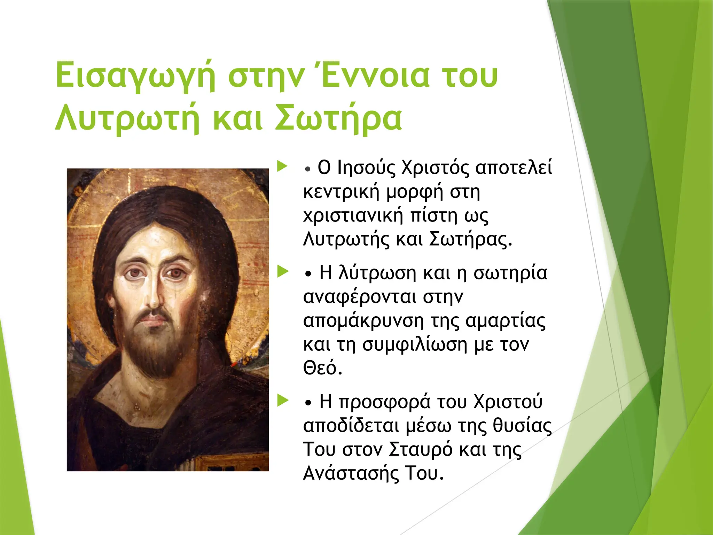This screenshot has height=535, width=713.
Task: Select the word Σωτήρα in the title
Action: (338, 118)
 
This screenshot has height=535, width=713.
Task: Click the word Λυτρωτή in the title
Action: (127, 118)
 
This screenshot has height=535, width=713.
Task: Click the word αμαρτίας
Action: (505, 321)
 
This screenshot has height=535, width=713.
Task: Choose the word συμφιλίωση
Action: (415, 344)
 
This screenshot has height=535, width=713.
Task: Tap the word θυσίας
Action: (522, 426)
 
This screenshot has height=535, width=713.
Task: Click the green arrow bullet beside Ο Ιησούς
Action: (282, 166)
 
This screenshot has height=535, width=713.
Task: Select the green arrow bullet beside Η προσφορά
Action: (282, 401)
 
